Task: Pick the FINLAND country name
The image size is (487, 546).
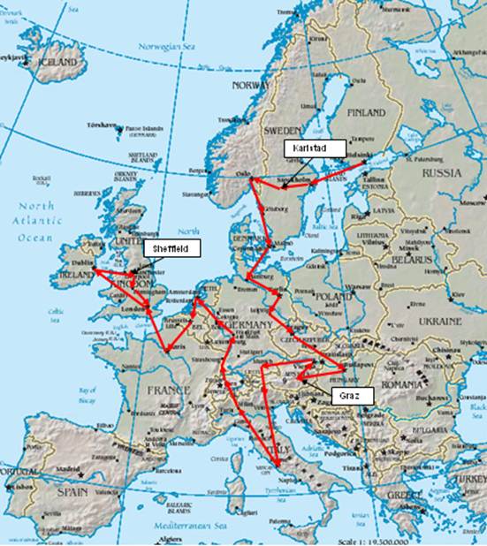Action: [x=366, y=113]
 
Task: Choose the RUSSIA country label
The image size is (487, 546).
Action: [x=442, y=173]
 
